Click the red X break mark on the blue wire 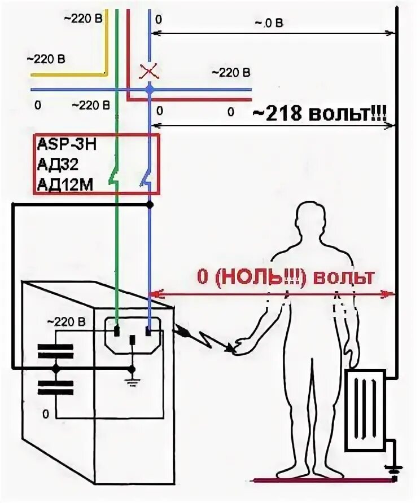coord(149,72)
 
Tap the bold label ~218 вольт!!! coord(318,114)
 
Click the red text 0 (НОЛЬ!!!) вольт coord(285,278)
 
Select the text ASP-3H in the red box coord(67,144)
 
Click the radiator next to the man coord(365,411)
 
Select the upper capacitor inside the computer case coord(55,351)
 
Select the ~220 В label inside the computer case coord(65,322)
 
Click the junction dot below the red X coord(149,89)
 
